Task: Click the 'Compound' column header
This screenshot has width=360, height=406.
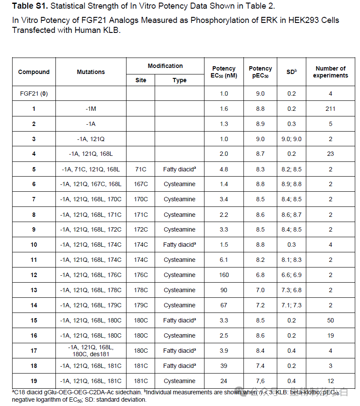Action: click(34, 72)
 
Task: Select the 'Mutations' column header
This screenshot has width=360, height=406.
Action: click(91, 72)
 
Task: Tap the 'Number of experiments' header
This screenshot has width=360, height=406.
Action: click(330, 72)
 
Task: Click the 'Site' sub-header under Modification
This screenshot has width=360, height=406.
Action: click(141, 80)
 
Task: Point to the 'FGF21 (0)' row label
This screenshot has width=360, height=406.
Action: click(34, 93)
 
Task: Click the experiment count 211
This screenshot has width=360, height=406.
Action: click(330, 109)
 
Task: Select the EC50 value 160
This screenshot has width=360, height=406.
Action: click(224, 275)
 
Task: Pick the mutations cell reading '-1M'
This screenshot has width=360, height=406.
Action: click(91, 109)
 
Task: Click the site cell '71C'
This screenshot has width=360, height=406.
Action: click(141, 169)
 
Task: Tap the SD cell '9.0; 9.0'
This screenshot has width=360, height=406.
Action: click(292, 139)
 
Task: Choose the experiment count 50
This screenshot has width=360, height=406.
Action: click(330, 320)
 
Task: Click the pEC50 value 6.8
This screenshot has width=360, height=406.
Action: click(260, 275)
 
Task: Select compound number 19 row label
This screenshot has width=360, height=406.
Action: click(34, 381)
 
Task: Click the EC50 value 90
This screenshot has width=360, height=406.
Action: click(224, 290)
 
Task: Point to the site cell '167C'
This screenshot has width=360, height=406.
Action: click(141, 184)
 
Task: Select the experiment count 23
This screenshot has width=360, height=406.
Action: click(330, 154)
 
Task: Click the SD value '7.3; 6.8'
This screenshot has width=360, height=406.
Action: click(292, 290)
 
